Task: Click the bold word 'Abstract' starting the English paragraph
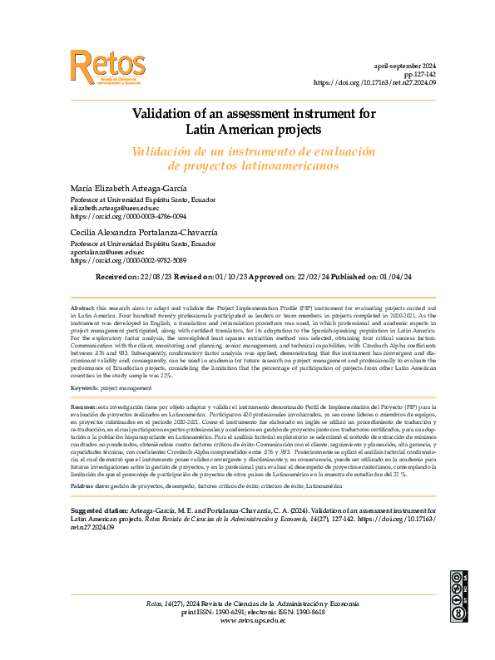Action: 82,308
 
